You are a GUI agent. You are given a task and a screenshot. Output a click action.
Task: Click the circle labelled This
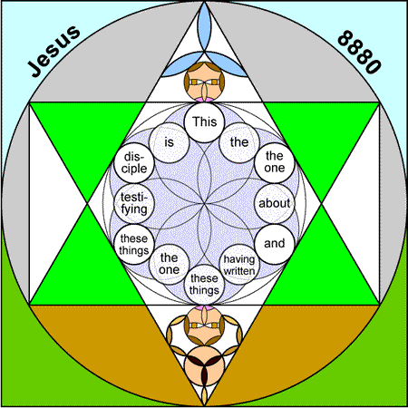click(x=204, y=122)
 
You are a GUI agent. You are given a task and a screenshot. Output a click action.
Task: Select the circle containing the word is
click(x=170, y=142)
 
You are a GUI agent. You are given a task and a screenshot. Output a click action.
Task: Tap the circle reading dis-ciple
click(x=134, y=163)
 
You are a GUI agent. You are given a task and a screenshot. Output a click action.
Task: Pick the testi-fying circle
click(x=134, y=203)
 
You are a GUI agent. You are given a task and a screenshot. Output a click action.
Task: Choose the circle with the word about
click(x=275, y=203)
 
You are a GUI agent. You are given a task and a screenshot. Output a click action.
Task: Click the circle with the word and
click(x=275, y=244)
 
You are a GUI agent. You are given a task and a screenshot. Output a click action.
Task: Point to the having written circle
click(x=239, y=265)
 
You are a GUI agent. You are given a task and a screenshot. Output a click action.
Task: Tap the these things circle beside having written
click(x=204, y=285)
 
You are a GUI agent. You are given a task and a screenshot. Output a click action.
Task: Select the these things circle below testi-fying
click(x=134, y=244)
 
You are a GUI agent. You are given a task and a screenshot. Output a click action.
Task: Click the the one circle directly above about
click(x=275, y=163)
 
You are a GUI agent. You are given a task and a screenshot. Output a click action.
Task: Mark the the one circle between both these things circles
click(x=170, y=265)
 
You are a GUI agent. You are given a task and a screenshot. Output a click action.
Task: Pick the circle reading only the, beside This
click(x=239, y=142)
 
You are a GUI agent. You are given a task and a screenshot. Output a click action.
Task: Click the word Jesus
click(x=54, y=51)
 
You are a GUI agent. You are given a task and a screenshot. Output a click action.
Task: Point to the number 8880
click(x=359, y=52)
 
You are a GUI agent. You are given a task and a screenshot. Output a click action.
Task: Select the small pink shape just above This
click(x=204, y=99)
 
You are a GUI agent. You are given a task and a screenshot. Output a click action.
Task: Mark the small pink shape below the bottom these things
click(x=204, y=307)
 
